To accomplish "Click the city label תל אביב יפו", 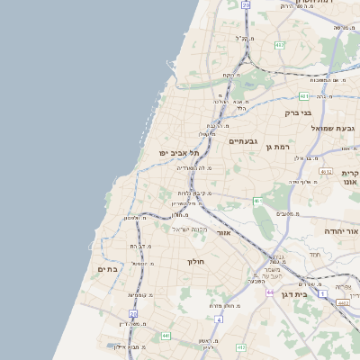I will [x=181, y=153].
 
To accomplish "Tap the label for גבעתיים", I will [x=244, y=141].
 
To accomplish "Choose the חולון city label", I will [x=195, y=261].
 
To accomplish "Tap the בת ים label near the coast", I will [x=108, y=269].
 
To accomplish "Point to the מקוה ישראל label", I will [x=190, y=229].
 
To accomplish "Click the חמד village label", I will [x=314, y=255].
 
